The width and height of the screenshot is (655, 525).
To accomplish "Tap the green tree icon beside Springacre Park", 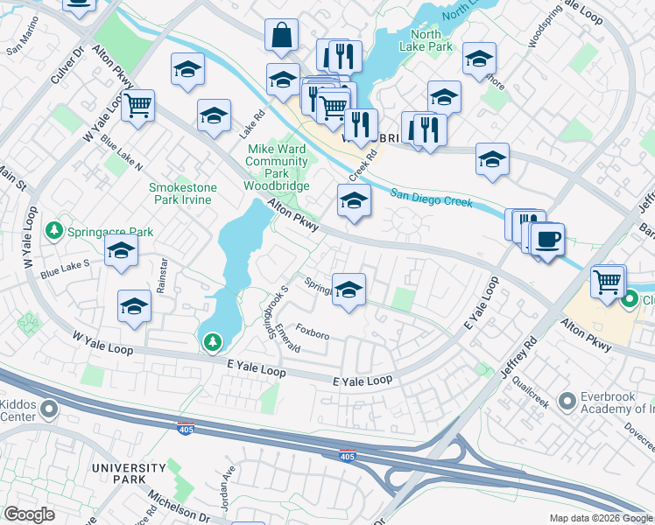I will pyautogui.click(x=54, y=231).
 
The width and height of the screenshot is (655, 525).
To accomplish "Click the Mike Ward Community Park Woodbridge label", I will pyautogui.click(x=276, y=167).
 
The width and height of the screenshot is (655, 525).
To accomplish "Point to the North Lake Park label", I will pyautogui.click(x=426, y=40).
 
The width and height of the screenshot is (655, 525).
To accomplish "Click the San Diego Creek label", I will pyautogui.click(x=431, y=198).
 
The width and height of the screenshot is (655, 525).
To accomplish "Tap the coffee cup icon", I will pyautogui.click(x=548, y=238).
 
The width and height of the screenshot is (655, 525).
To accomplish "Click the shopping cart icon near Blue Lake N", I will pyautogui.click(x=137, y=106).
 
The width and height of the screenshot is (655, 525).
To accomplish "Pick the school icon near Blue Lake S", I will pyautogui.click(x=121, y=251).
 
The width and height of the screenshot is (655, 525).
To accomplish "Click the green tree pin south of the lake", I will pyautogui.click(x=212, y=342).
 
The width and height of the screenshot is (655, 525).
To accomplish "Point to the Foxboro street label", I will pyautogui.click(x=313, y=334).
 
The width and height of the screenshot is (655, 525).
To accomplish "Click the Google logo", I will pyautogui.click(x=29, y=514).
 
